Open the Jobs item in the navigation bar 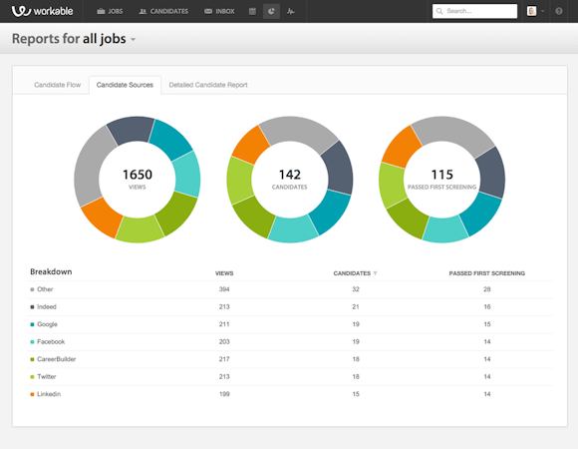click(111, 11)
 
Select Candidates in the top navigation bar click(163, 11)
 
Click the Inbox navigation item click(220, 11)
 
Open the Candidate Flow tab click(57, 85)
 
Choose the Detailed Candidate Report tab click(208, 85)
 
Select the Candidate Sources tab click(125, 85)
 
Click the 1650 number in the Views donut click(138, 175)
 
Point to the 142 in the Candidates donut click(290, 175)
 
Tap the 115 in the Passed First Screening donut click(441, 175)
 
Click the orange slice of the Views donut click(101, 217)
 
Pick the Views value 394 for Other click(224, 289)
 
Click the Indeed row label click(47, 306)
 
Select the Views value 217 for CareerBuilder click(224, 359)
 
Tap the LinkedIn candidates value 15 click(355, 394)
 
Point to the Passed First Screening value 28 click(486, 289)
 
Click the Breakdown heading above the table click(51, 271)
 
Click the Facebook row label click(51, 341)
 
